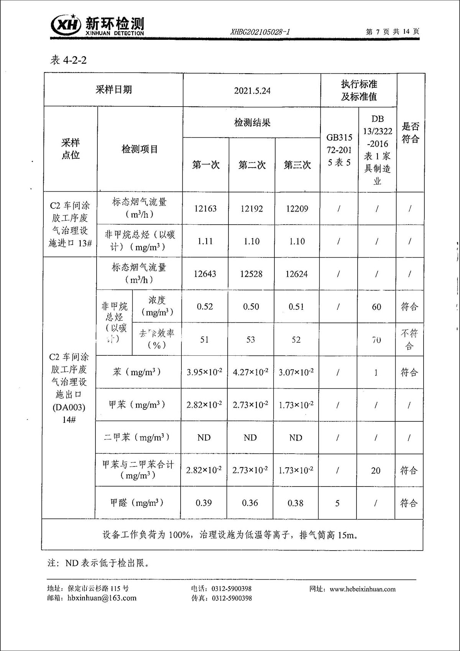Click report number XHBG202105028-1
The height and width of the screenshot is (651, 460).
pyautogui.click(x=260, y=32)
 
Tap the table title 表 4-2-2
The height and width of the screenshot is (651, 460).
pyautogui.click(x=68, y=60)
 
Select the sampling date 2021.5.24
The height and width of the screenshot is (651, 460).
pyautogui.click(x=252, y=91)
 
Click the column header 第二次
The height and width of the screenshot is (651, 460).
pyautogui.click(x=252, y=165)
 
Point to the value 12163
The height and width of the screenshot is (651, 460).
pyautogui.click(x=205, y=209)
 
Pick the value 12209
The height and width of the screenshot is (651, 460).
pyautogui.click(x=297, y=209)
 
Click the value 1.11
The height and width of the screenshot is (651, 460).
pyautogui.click(x=205, y=241)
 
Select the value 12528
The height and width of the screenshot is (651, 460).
pyautogui.click(x=251, y=274)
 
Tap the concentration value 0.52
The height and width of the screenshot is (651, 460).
pyautogui.click(x=205, y=306)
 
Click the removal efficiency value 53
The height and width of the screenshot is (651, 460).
pyautogui.click(x=251, y=339)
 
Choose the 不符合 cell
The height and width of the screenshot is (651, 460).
pyautogui.click(x=409, y=339)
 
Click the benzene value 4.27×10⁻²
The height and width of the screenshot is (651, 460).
pyautogui.click(x=250, y=372)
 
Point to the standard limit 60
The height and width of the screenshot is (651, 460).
pyautogui.click(x=376, y=306)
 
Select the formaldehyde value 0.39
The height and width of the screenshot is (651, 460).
pyautogui.click(x=204, y=503)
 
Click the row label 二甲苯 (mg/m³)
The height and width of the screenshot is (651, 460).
pyautogui.click(x=136, y=437)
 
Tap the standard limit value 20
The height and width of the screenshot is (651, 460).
pyautogui.click(x=376, y=470)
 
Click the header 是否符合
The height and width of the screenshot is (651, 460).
pyautogui.click(x=410, y=132)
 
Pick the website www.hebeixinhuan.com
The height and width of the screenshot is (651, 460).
pyautogui.click(x=362, y=589)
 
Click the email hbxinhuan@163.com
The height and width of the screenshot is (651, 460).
pyautogui.click(x=102, y=598)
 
